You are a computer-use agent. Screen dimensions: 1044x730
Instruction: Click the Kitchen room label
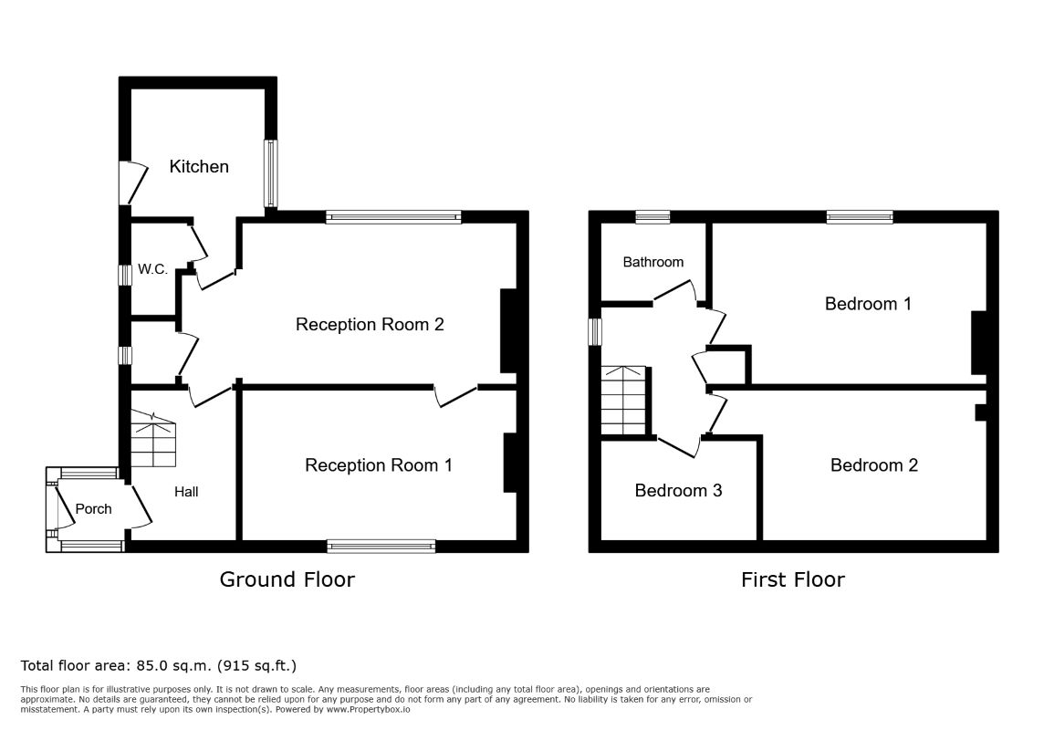(x=198, y=166)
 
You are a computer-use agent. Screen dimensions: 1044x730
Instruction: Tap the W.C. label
(x=152, y=269)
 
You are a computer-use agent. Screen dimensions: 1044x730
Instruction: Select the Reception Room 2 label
(x=370, y=325)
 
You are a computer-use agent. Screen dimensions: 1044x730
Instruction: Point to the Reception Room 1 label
(x=378, y=465)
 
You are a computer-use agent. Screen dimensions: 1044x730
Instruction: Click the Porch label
(x=93, y=509)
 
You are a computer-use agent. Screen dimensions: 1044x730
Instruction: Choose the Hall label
(x=186, y=492)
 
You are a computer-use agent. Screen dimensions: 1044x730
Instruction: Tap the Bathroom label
(x=653, y=262)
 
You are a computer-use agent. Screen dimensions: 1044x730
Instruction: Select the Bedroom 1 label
(x=868, y=304)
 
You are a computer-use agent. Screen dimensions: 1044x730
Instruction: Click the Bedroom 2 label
(x=874, y=465)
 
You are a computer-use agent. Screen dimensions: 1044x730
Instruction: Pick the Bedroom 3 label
(x=678, y=490)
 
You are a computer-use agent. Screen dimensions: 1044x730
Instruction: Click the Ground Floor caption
(x=287, y=579)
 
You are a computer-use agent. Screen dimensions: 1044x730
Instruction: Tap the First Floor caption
(x=793, y=579)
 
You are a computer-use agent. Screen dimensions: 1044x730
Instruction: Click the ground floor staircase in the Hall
(x=154, y=439)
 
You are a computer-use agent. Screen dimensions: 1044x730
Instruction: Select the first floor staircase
(x=624, y=401)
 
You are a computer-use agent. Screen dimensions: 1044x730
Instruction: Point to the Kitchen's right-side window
(x=270, y=173)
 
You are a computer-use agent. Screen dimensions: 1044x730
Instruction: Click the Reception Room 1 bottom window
(x=381, y=547)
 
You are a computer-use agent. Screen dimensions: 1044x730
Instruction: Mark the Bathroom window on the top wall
(x=652, y=217)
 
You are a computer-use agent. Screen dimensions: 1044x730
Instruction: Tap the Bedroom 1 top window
(x=860, y=217)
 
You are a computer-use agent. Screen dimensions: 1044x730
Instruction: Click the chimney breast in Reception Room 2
(x=508, y=330)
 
